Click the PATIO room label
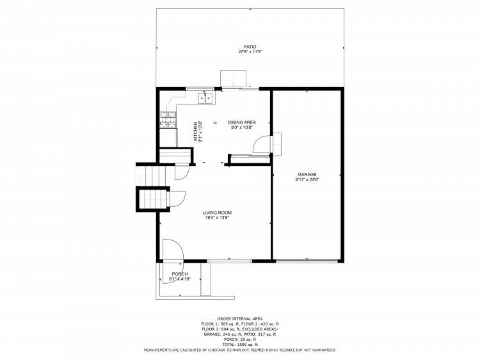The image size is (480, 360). tap(250, 47)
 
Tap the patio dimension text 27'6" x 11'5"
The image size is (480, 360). tap(250, 51)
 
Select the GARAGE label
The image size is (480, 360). tap(307, 174)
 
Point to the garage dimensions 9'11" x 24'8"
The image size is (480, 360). tap(307, 179)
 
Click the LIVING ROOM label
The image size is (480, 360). tap(217, 213)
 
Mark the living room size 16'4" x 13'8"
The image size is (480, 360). tap(217, 218)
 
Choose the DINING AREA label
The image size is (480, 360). tap(242, 122)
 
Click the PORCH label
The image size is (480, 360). tap(179, 274)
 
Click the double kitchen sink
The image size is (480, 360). tap(208, 98)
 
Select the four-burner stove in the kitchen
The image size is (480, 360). tap(168, 118)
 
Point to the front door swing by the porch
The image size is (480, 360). tap(172, 249)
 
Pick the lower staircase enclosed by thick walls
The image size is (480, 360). tap(153, 199)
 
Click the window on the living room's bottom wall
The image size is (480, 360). tap(228, 261)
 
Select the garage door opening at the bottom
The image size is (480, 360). tap(307, 261)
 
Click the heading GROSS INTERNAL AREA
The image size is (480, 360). tap(239, 318)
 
